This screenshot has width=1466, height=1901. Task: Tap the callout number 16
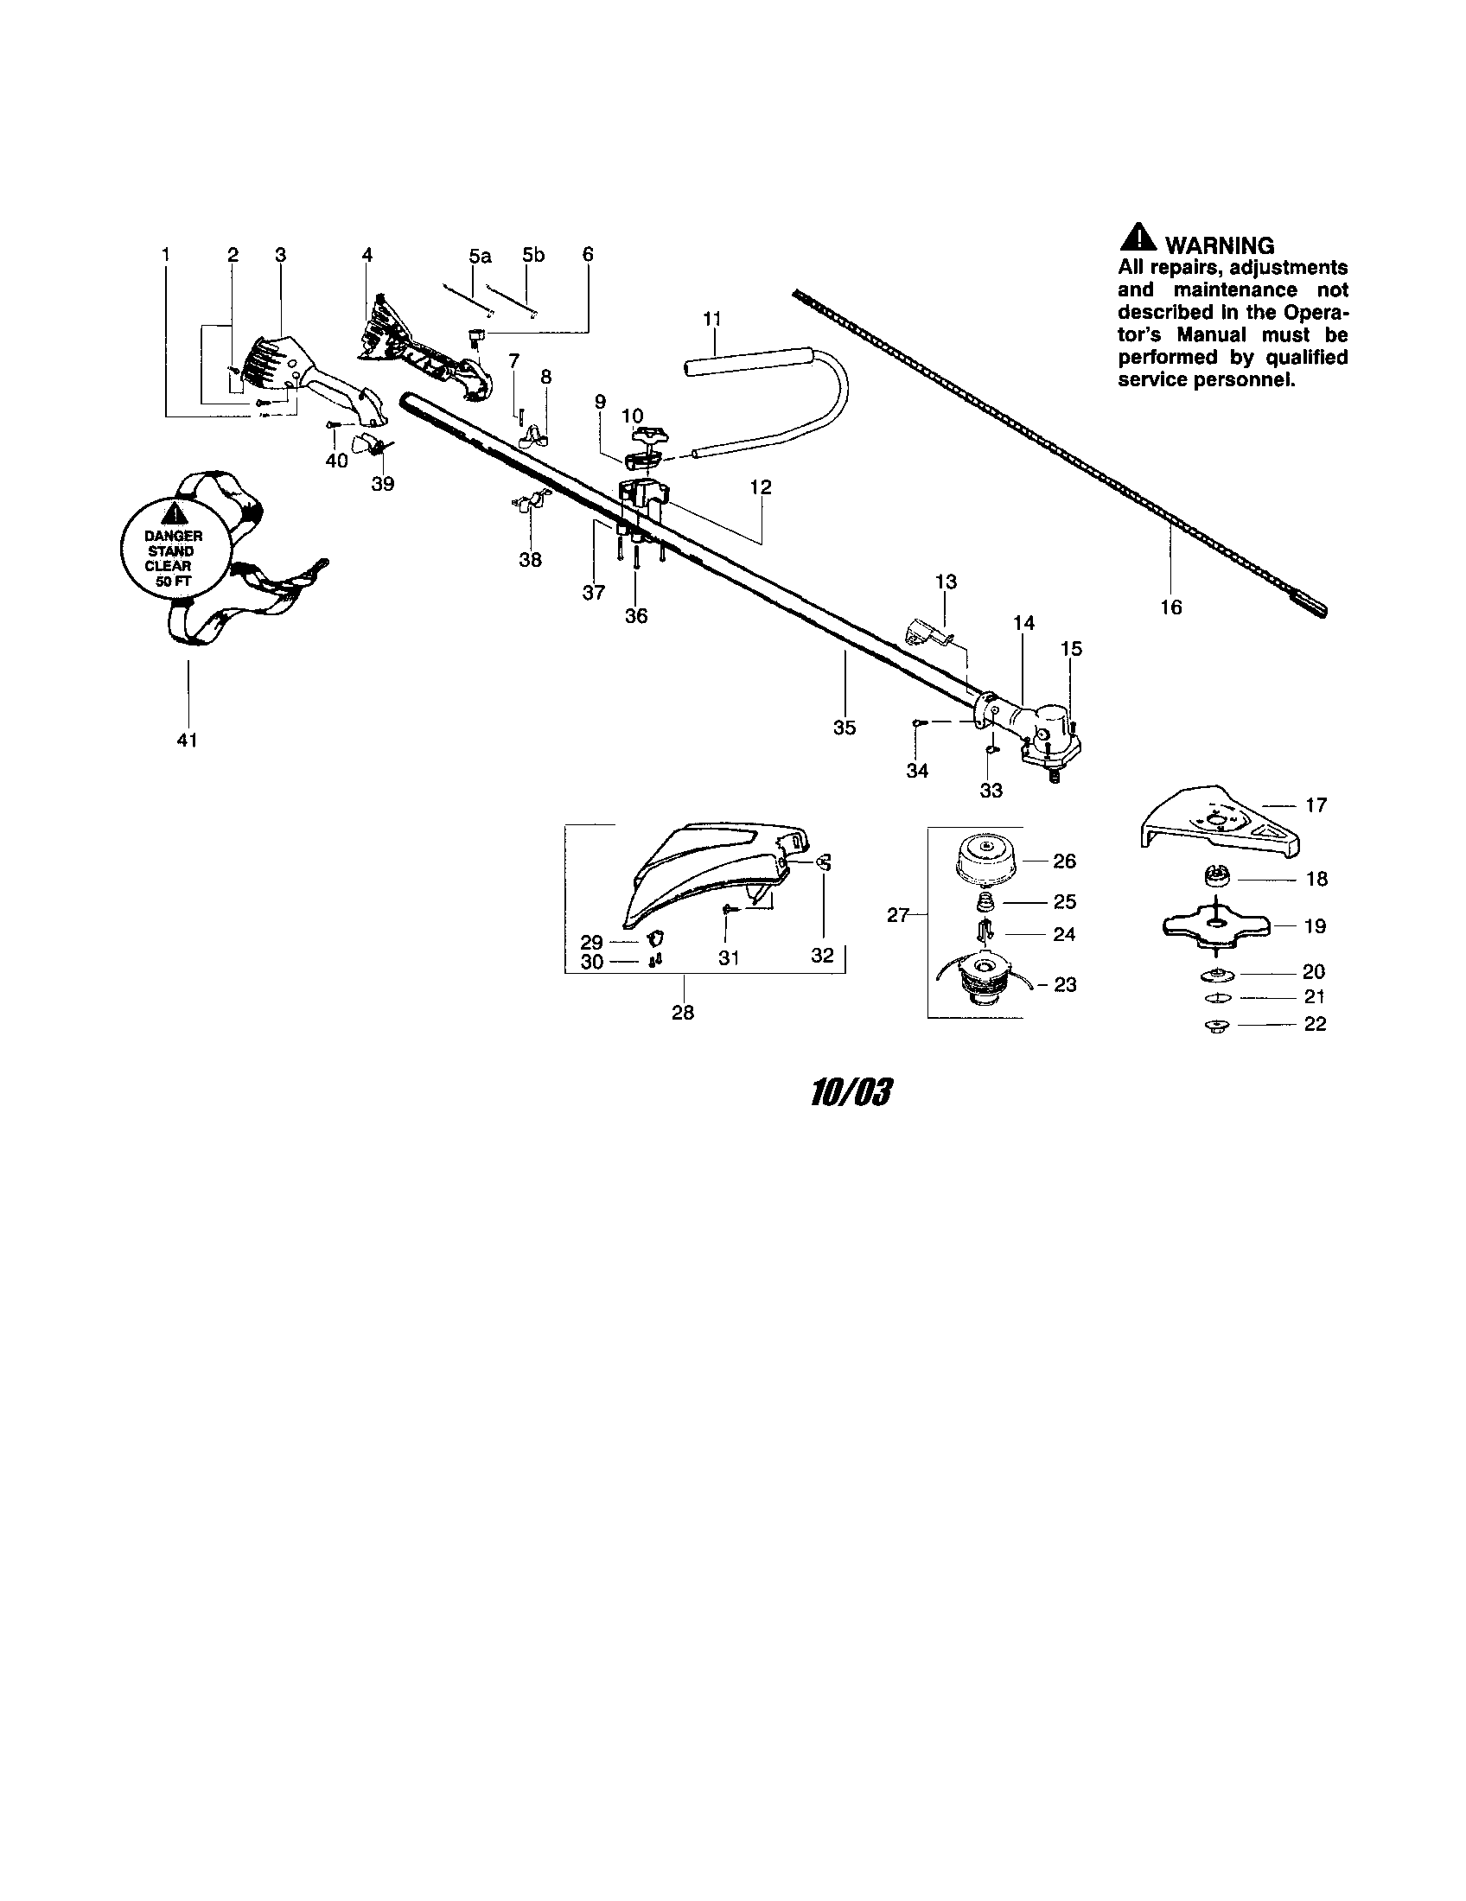[x=1171, y=607]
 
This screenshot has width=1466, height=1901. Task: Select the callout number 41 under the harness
[x=188, y=740]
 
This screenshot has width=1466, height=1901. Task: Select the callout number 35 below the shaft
[x=845, y=728]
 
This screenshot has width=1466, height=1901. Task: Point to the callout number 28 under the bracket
[x=683, y=1014]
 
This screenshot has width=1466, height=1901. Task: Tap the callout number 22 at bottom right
[x=1315, y=1025]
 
